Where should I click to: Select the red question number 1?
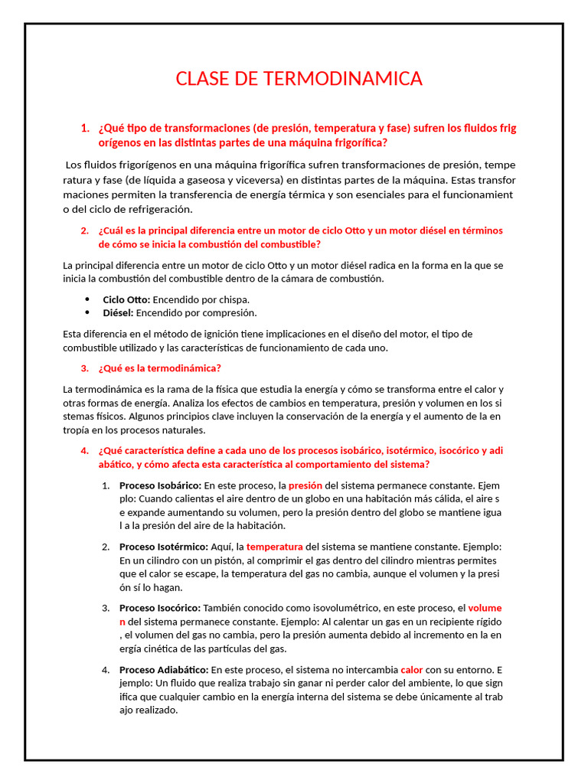[84, 128]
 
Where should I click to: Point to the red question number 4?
[84, 450]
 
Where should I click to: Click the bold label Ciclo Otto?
[126, 299]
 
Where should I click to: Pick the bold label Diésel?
[119, 312]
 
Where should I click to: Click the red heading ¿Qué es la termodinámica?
[160, 367]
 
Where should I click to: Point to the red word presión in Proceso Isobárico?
[305, 485]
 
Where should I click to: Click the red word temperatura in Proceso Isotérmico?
[274, 547]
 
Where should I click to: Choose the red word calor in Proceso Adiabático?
[411, 669]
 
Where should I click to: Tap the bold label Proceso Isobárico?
[160, 485]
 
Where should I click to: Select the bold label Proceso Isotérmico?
[163, 547]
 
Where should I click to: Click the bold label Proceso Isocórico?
[160, 608]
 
